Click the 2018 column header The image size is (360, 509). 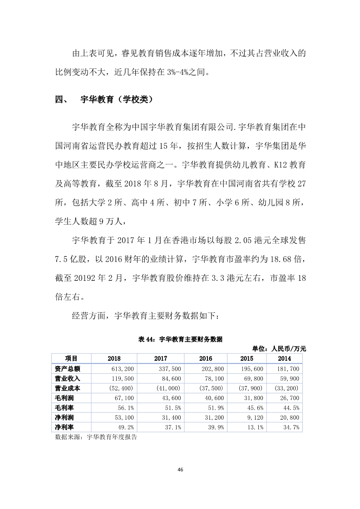[114, 358]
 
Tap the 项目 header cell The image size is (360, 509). [71, 358]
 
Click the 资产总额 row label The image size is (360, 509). [68, 369]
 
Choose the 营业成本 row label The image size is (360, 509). [68, 388]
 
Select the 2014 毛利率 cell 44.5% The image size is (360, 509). [291, 408]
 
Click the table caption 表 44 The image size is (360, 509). [180, 339]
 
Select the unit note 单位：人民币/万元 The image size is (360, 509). [279, 349]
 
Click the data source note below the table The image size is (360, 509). [96, 438]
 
